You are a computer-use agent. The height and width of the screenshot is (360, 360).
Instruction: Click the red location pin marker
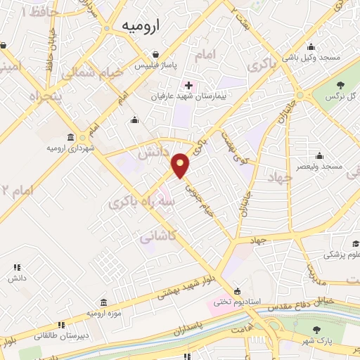pos(181,165)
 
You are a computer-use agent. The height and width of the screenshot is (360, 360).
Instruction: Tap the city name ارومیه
pos(141,25)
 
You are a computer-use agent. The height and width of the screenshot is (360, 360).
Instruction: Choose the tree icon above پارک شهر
pos(316,330)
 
